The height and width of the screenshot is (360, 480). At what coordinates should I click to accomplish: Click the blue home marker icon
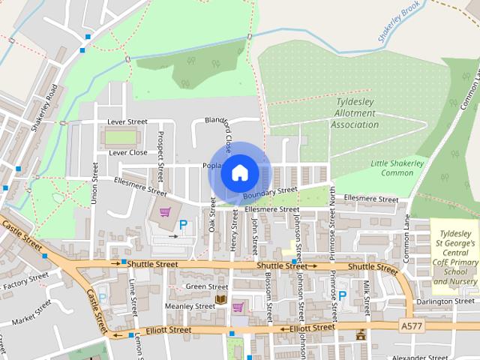click(x=239, y=173)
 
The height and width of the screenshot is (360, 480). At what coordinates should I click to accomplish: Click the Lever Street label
click(x=127, y=121)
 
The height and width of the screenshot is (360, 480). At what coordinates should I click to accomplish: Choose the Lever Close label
click(x=127, y=152)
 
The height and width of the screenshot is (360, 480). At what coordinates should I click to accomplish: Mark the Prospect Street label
click(x=160, y=156)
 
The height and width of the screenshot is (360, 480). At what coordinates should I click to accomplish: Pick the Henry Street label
click(x=234, y=232)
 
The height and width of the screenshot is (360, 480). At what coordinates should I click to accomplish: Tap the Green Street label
click(x=206, y=286)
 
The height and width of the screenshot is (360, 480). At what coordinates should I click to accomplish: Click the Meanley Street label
click(x=190, y=306)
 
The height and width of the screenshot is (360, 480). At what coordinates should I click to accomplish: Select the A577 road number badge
click(x=410, y=326)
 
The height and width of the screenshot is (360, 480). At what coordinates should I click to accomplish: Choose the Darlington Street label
click(x=445, y=301)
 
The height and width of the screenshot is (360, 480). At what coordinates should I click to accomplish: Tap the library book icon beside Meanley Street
click(x=220, y=300)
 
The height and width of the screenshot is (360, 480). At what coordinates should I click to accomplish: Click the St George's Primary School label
click(x=455, y=257)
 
